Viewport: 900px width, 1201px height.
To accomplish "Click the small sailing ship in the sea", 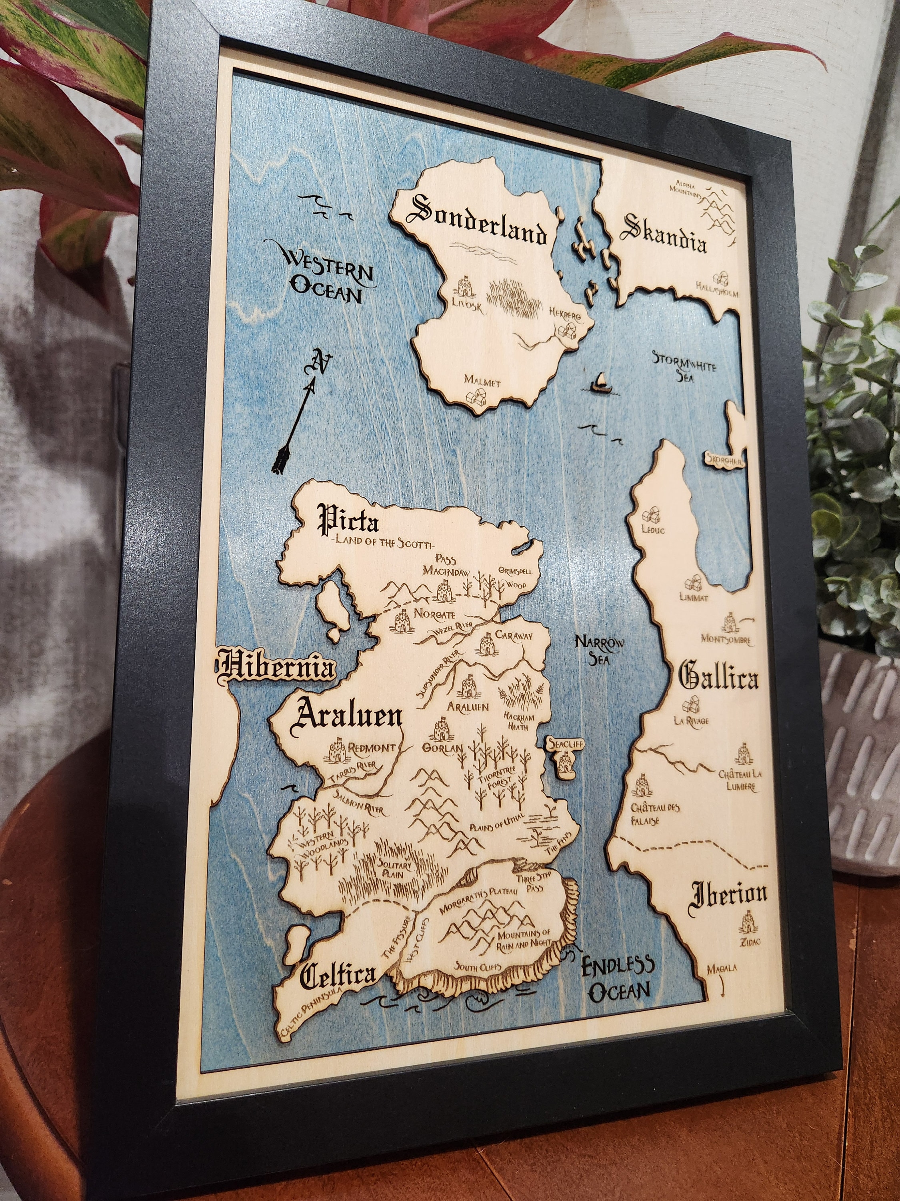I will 599,382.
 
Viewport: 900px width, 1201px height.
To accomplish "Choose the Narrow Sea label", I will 600,649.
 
